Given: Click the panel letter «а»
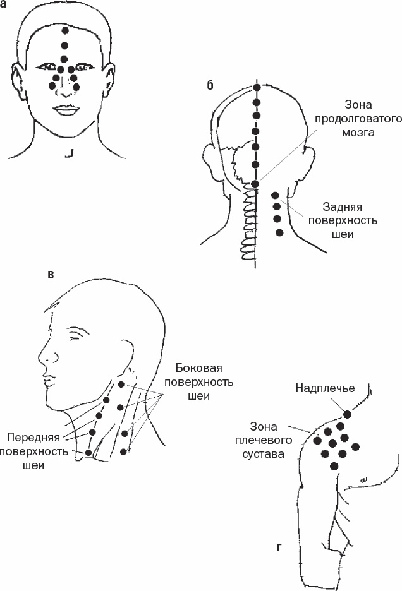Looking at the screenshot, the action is [x=3, y=6].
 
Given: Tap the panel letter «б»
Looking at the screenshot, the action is [x=210, y=85].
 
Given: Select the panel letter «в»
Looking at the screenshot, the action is [x=51, y=275].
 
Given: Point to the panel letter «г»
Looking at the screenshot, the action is [x=279, y=547].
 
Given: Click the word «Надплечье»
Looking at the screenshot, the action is [x=325, y=388].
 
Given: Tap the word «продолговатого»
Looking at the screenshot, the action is [x=358, y=119].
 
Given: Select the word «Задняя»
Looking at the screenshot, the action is [x=343, y=207].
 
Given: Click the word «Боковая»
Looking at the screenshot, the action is [x=199, y=368].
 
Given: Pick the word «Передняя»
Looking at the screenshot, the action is [x=33, y=438].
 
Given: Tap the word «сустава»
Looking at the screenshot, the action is [x=263, y=454].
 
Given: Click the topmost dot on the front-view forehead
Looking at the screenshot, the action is [x=65, y=30].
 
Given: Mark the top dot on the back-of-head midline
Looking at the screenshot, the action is [x=257, y=87].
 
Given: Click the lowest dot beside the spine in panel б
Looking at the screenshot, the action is [x=279, y=232].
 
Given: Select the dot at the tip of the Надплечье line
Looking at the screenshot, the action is [x=347, y=415].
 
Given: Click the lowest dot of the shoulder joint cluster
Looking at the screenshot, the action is [x=334, y=466].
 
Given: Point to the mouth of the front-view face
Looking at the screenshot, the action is [x=66, y=110].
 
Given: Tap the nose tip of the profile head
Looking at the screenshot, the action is [x=39, y=358].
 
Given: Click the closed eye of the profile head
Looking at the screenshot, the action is [x=76, y=335].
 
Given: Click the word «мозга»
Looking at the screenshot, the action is [x=358, y=133].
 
